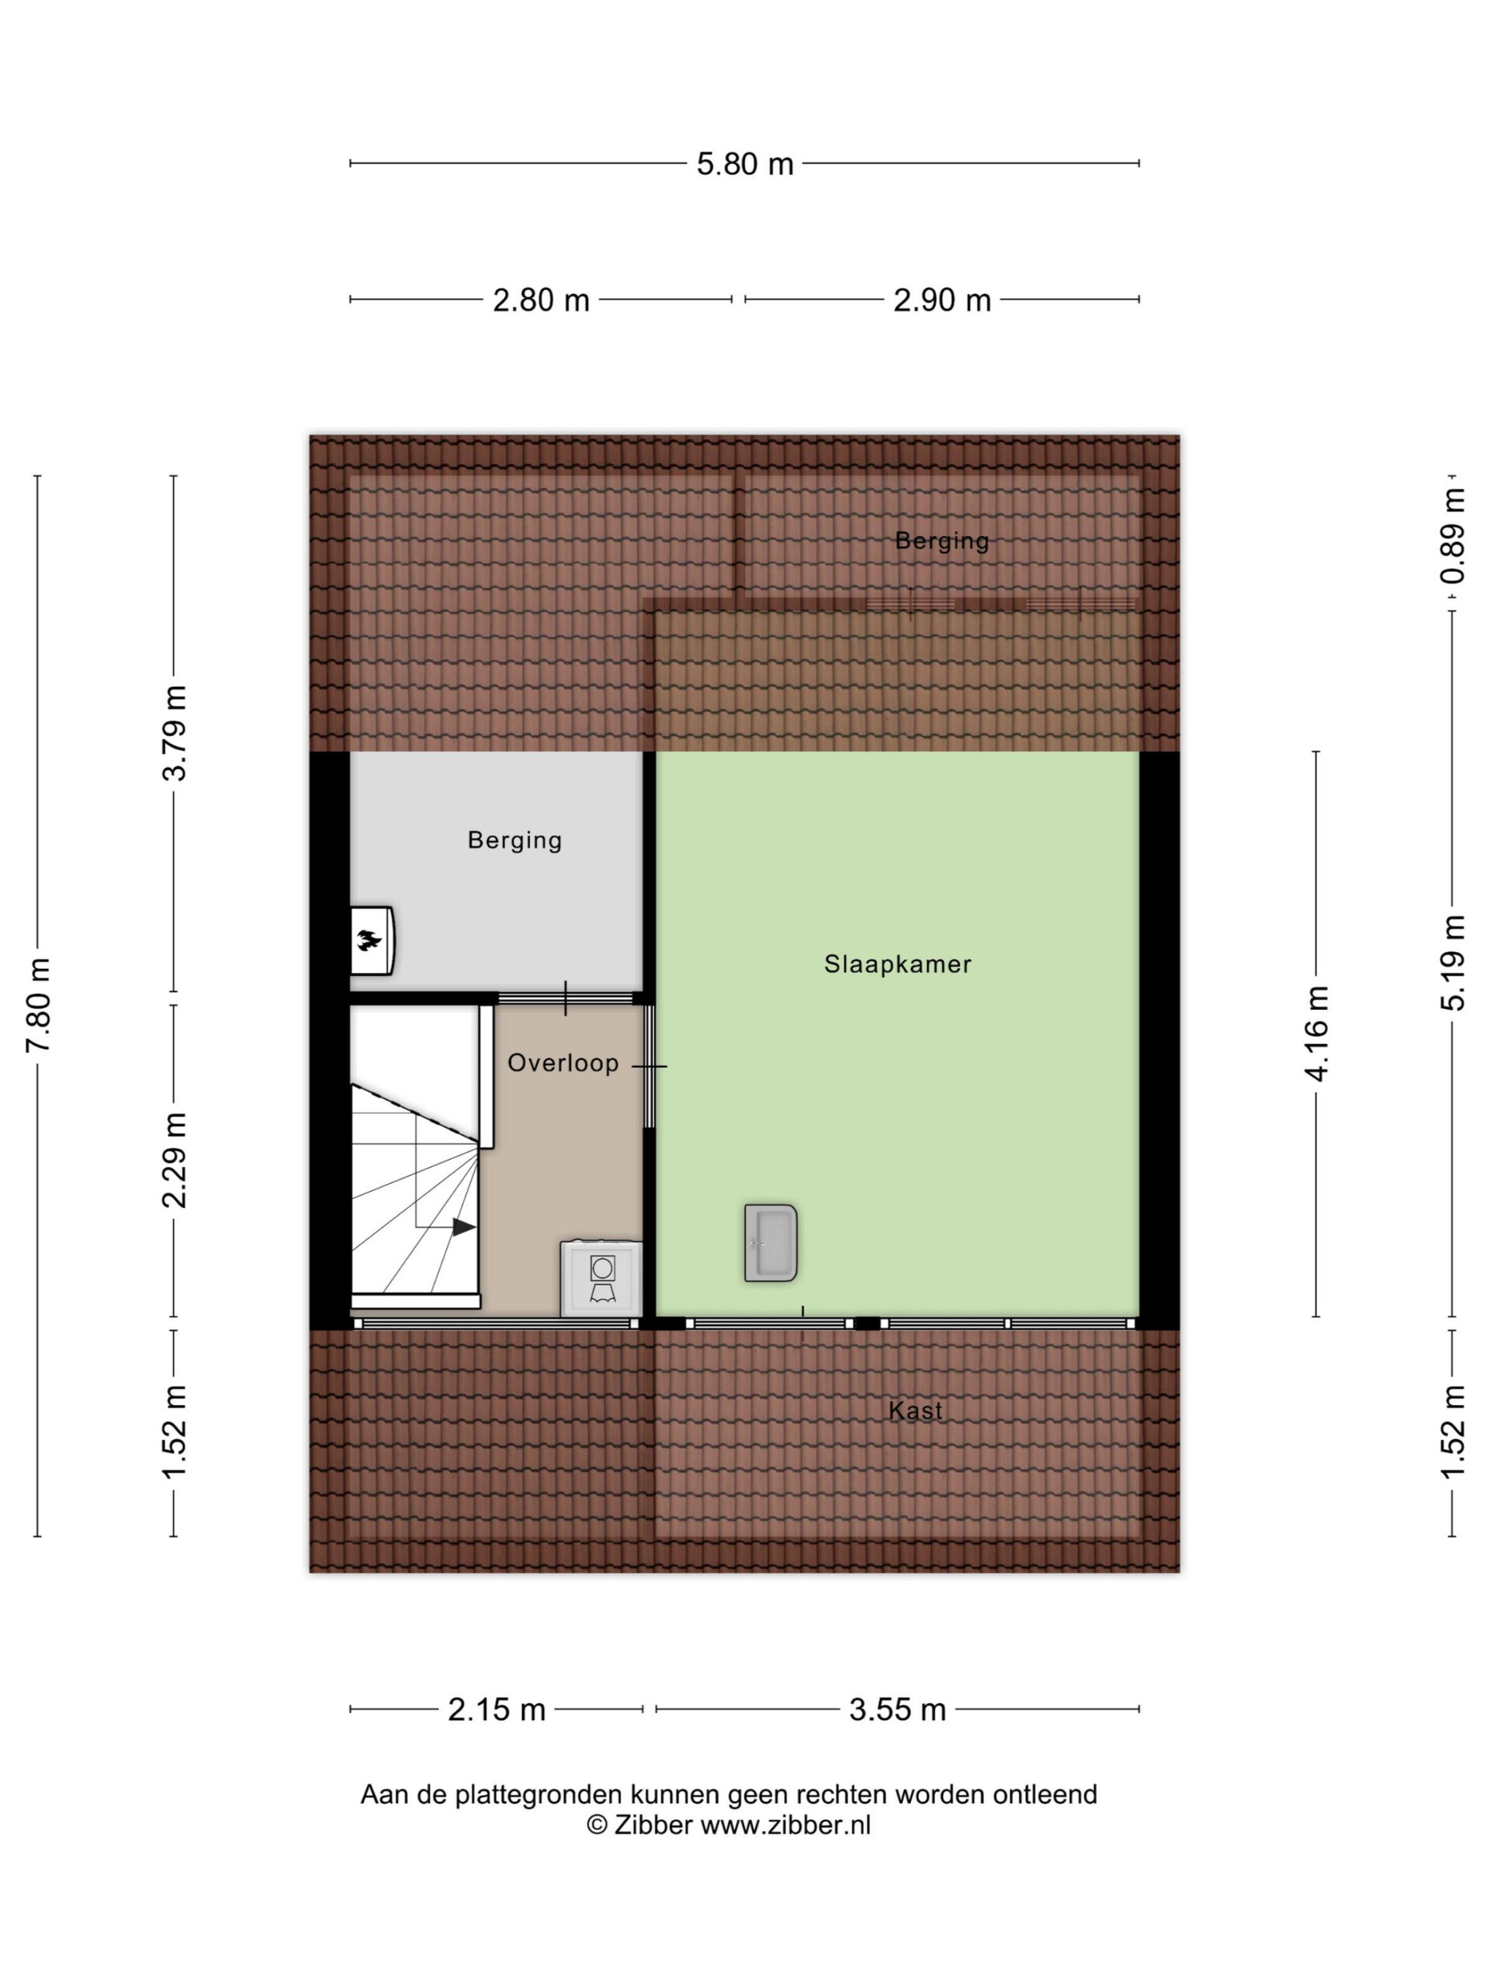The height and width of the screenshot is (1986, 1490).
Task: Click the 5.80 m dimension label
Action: coord(744,164)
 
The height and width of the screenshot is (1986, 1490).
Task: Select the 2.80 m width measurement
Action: coord(541,300)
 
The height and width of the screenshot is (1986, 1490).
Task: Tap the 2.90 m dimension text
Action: coord(941,300)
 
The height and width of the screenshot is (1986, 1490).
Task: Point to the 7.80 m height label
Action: coord(39,1005)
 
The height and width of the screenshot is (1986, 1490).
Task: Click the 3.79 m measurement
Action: coord(175,732)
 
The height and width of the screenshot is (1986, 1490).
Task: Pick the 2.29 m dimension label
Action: coord(175,1160)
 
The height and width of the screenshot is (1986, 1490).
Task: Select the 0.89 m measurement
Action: coord(1452,536)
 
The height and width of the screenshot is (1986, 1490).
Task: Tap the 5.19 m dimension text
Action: coord(1452,963)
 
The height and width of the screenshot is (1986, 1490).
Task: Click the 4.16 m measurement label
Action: coord(1317,1033)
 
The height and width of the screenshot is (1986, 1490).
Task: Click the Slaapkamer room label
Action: coord(897,964)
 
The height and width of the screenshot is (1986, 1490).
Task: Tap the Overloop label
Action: coord(563,1063)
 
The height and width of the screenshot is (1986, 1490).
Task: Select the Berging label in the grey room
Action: coord(515,840)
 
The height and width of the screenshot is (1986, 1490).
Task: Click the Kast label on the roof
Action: coord(915,1410)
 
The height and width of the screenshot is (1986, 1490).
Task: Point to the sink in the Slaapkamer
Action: coord(771,1243)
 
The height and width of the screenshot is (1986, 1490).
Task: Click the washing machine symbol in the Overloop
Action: coord(601,1278)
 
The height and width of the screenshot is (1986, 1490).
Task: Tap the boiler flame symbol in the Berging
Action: coord(369,941)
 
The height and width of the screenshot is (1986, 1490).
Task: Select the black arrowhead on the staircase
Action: coord(463,1227)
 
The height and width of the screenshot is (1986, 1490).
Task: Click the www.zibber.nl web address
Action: coord(785,1825)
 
